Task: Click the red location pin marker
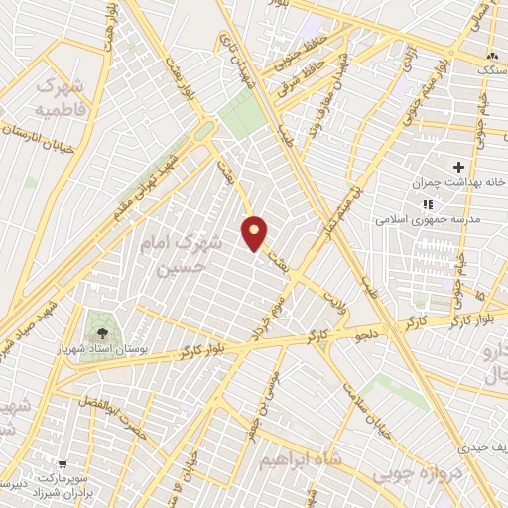point(255,231)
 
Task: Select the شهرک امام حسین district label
point(179,253)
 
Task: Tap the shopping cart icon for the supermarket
point(63,463)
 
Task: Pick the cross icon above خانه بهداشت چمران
point(457,166)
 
